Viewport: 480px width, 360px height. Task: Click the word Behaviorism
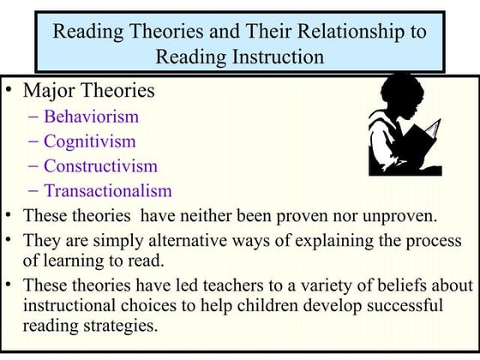[91, 117]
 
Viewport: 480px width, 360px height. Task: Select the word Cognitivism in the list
[90, 141]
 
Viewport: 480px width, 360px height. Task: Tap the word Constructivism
[100, 166]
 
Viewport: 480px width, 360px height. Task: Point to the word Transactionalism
[107, 191]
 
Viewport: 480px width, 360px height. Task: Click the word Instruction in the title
[276, 57]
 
